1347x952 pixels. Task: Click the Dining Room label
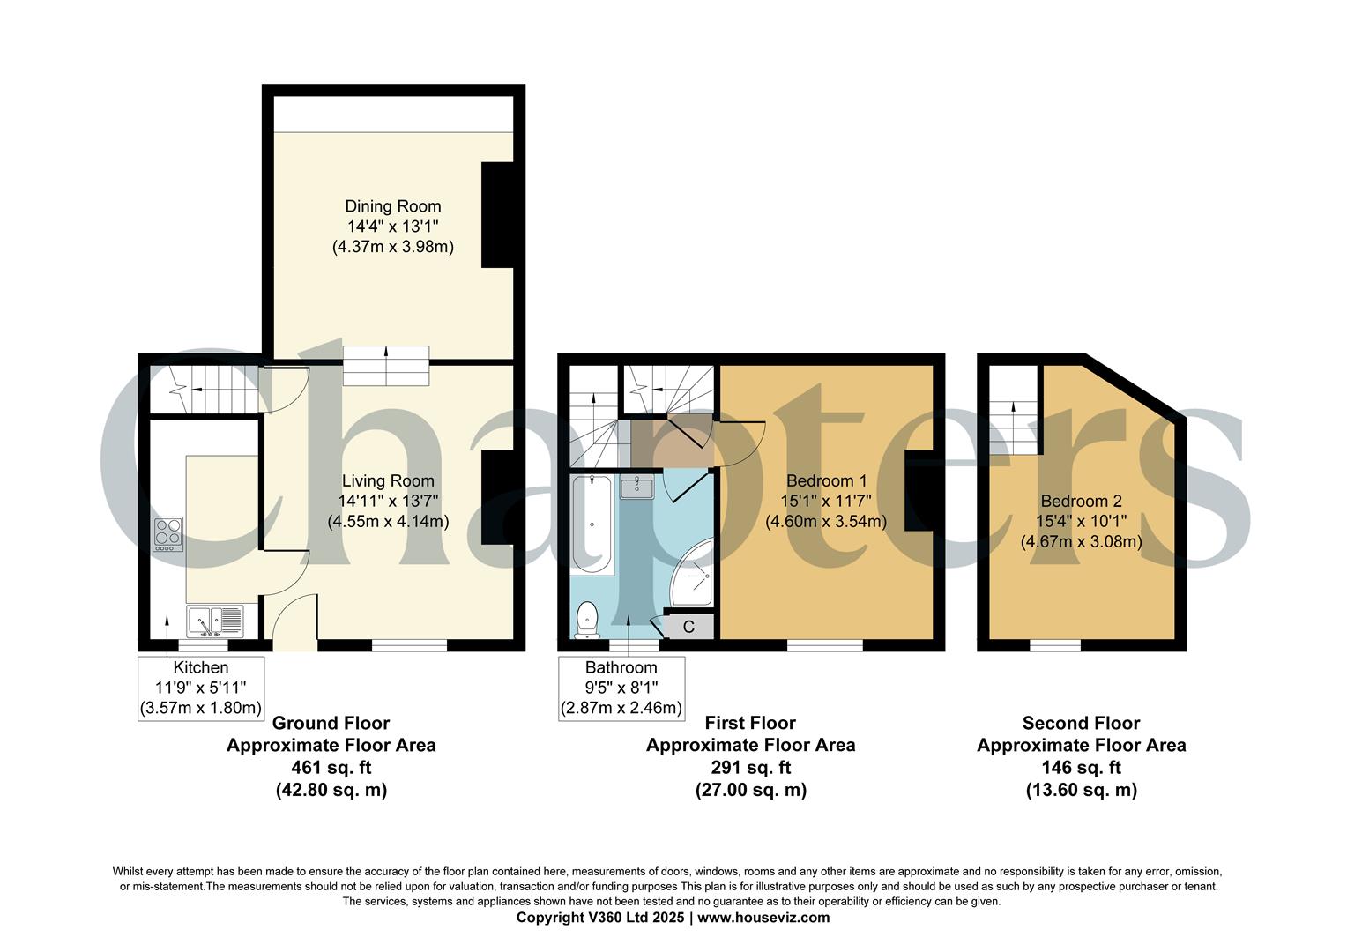click(x=392, y=206)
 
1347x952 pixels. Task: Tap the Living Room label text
click(x=388, y=481)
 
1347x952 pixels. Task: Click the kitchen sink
click(x=214, y=621)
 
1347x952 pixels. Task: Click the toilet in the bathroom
click(x=587, y=620)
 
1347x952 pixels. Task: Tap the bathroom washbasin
click(x=636, y=487)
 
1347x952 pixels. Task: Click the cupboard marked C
click(x=688, y=627)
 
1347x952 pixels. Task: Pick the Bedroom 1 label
click(x=826, y=481)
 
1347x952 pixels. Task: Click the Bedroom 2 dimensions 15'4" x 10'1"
click(x=1081, y=521)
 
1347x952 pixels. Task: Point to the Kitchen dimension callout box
click(x=201, y=688)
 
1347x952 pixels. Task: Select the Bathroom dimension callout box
click(x=621, y=688)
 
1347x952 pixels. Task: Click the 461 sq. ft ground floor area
click(x=331, y=768)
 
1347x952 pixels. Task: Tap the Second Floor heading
click(x=1081, y=724)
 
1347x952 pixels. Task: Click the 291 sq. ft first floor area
click(x=750, y=768)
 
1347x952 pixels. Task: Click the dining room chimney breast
click(x=497, y=214)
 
